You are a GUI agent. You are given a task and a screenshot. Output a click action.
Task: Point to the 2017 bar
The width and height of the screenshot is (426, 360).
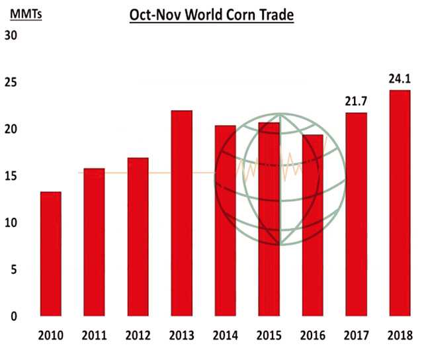(x=356, y=214)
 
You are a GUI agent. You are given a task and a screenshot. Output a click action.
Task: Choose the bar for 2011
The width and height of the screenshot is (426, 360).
(x=95, y=242)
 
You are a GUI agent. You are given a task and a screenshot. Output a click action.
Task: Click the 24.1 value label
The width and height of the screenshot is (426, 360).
(x=400, y=79)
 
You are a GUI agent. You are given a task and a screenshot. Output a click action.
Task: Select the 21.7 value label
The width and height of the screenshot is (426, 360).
(x=356, y=101)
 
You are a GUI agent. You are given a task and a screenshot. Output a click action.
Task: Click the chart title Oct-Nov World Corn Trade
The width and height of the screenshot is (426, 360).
(x=211, y=14)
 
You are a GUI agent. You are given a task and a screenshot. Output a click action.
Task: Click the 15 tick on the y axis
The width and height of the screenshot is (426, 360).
(x=11, y=176)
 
